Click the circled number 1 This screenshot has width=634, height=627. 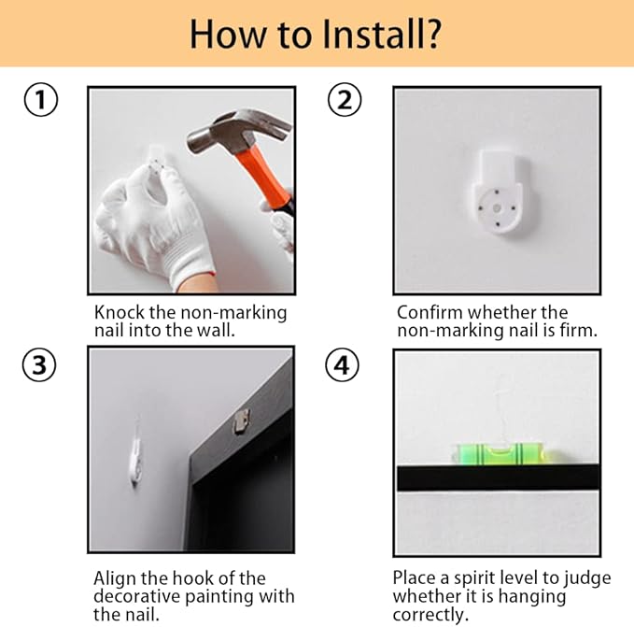click(x=41, y=99)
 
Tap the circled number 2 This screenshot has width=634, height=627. click(x=345, y=99)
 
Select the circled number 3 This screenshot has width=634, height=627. click(x=39, y=364)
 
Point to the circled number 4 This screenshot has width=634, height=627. click(x=342, y=364)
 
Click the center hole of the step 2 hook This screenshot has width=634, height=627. click(x=497, y=208)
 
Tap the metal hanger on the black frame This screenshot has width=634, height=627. click(x=241, y=421)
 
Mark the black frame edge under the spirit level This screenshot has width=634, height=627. click(x=498, y=477)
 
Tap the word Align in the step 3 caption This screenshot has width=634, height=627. click(x=115, y=578)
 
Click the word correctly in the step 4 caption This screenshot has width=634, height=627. click(x=430, y=615)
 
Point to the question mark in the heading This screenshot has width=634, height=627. click(x=431, y=34)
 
